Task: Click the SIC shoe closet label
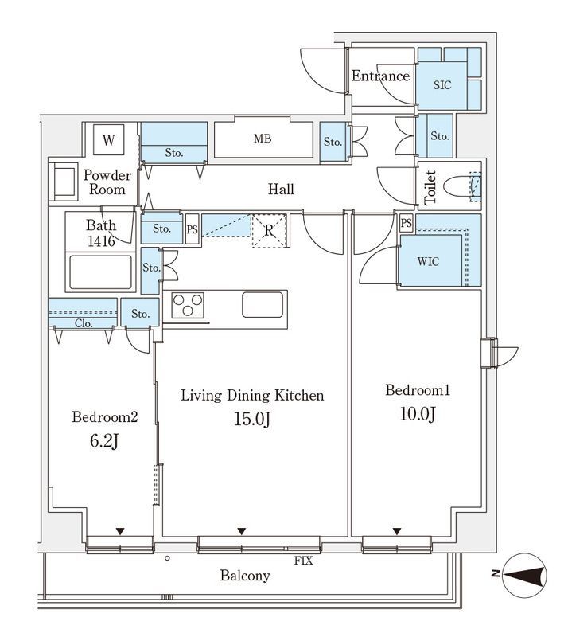(x=442, y=85)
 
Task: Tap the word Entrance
(x=380, y=76)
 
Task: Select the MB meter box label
(x=263, y=139)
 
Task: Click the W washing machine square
(x=108, y=140)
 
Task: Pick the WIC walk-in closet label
(x=428, y=261)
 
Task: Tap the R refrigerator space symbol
(x=269, y=230)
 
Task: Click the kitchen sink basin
(x=263, y=304)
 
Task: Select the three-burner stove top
(x=188, y=305)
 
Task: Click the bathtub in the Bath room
(x=101, y=272)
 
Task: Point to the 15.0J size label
(x=252, y=419)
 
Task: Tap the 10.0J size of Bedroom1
(x=418, y=414)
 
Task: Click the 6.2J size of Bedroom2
(x=104, y=441)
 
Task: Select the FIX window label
(x=303, y=561)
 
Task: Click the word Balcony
(x=245, y=576)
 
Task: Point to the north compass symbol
(x=523, y=576)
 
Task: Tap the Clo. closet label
(x=84, y=323)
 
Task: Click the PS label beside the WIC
(x=406, y=223)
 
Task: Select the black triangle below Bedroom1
(x=397, y=531)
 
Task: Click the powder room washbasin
(x=63, y=182)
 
